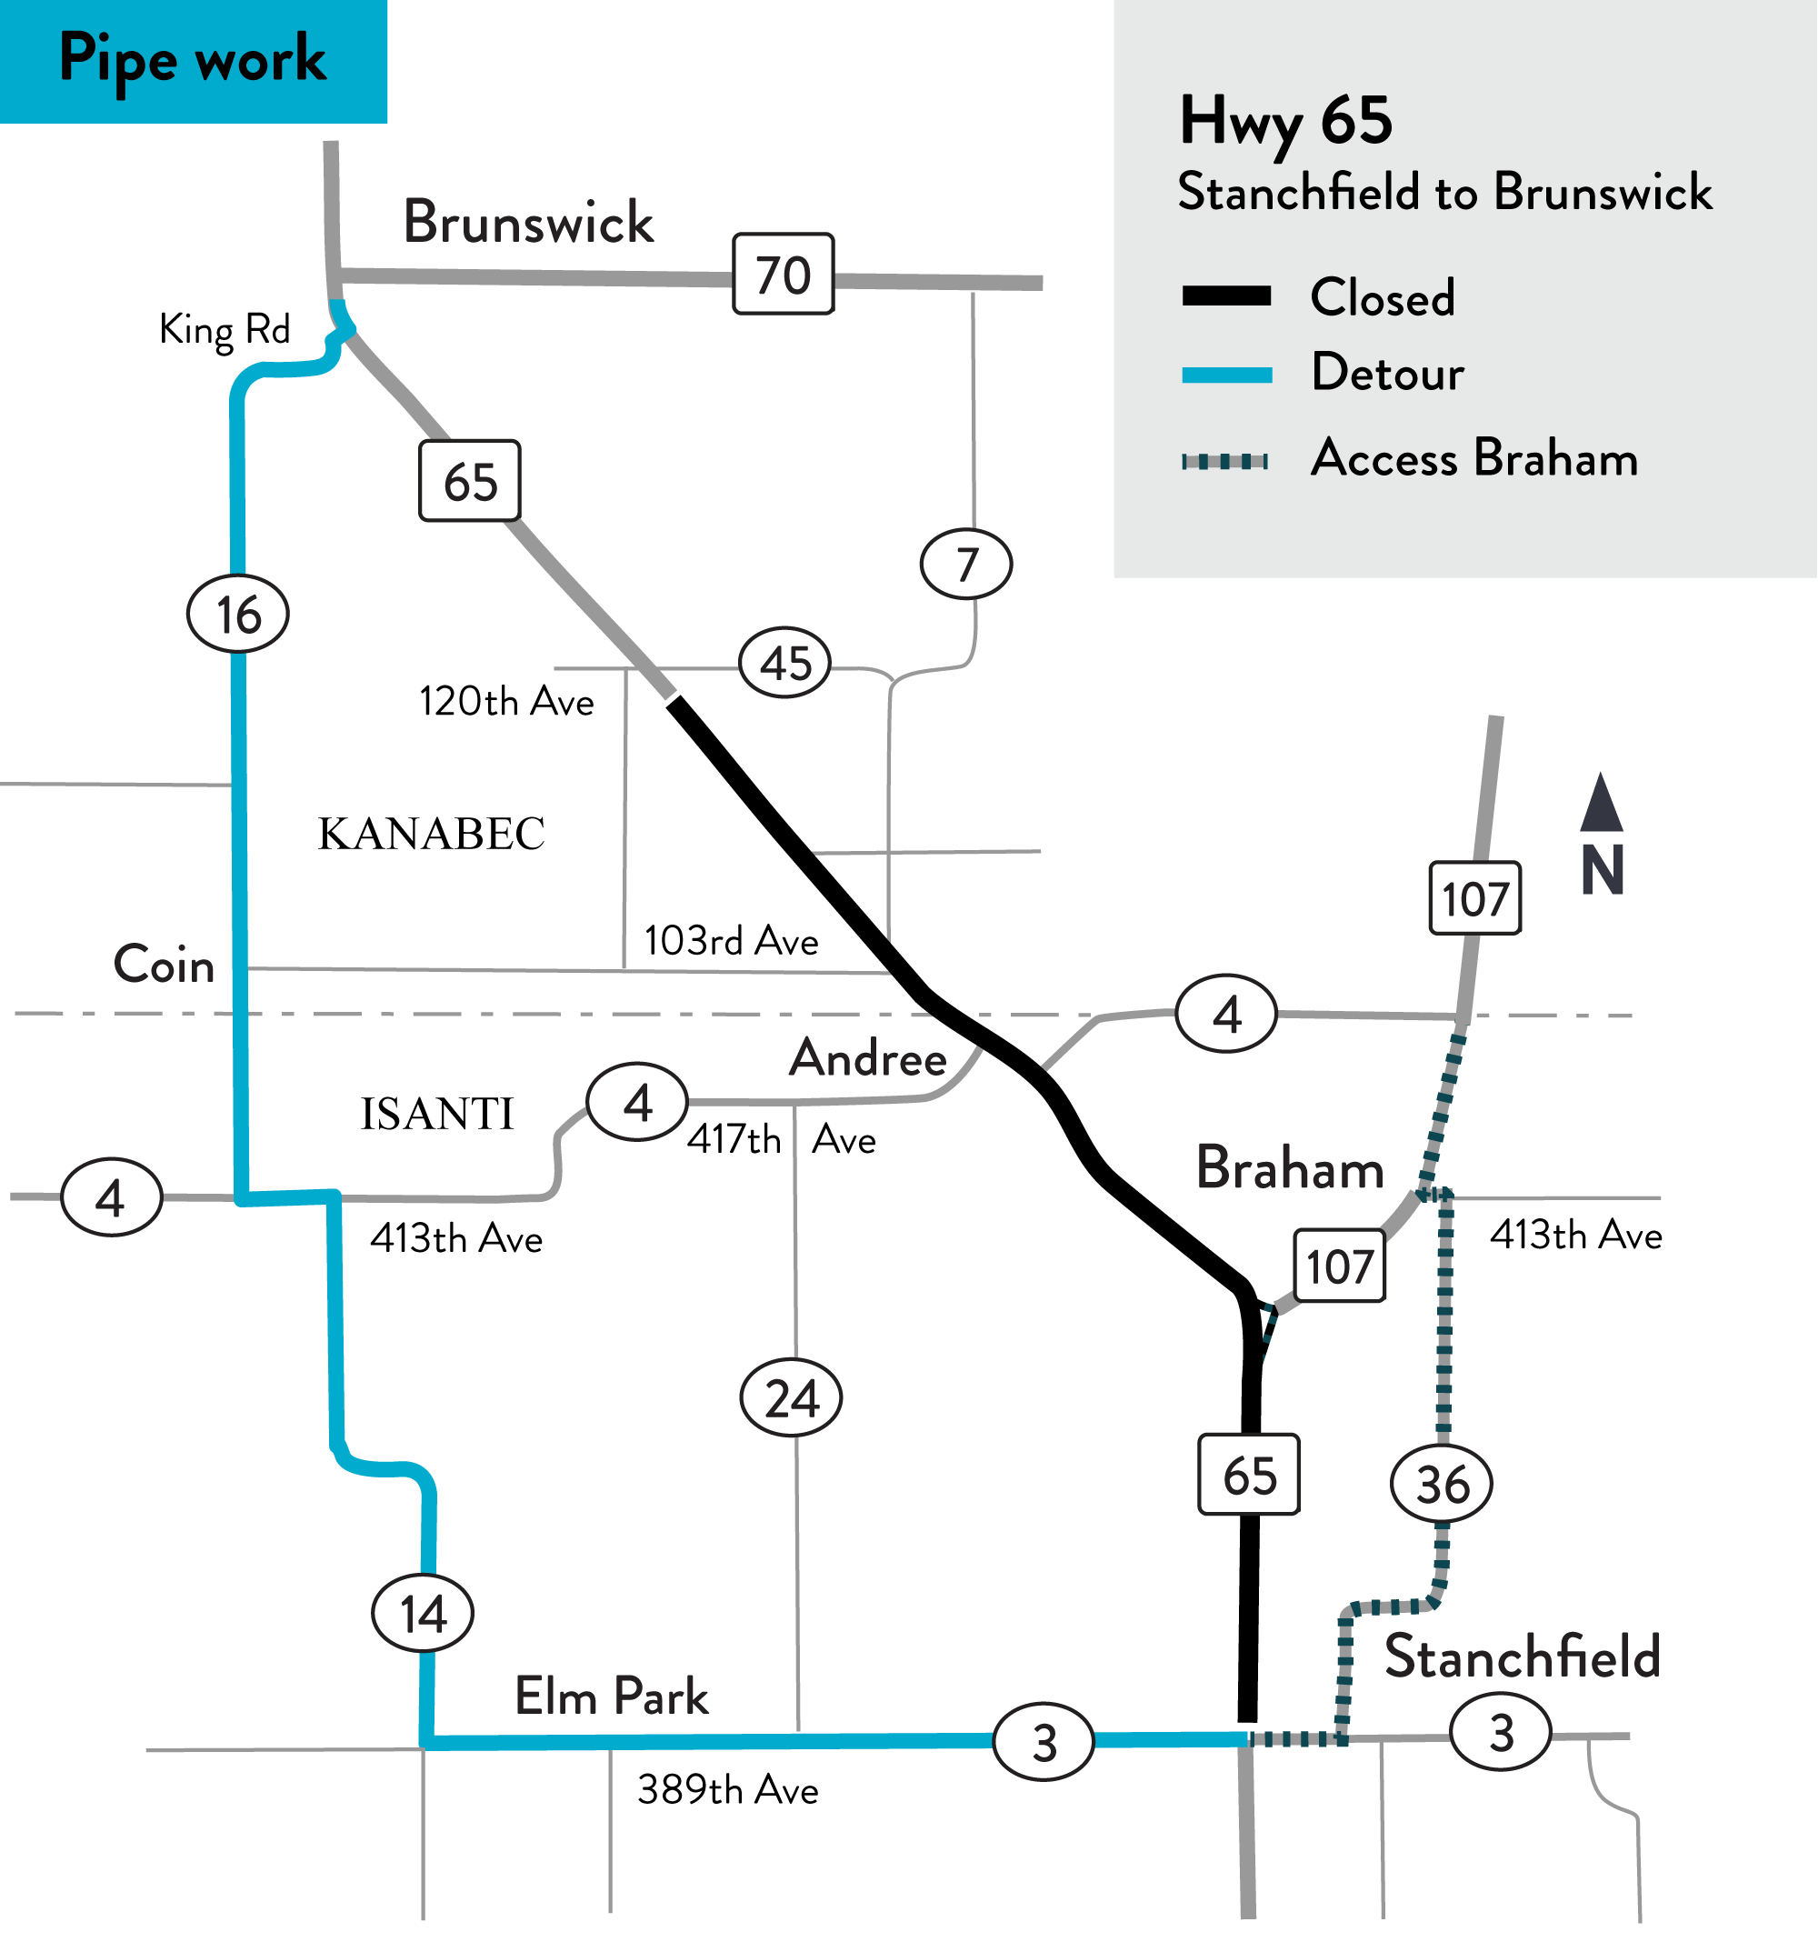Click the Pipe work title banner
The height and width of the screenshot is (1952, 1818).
(194, 61)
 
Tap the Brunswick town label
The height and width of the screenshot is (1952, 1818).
(528, 222)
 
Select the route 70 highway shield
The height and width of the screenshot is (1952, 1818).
(784, 274)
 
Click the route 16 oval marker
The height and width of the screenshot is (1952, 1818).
(237, 615)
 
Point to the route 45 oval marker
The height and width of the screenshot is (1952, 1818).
(784, 663)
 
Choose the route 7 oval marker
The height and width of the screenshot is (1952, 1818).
(966, 564)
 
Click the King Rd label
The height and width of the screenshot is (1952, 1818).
(225, 330)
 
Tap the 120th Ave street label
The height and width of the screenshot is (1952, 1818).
(506, 702)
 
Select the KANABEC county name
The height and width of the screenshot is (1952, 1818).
(431, 835)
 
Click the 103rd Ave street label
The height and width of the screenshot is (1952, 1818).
(732, 941)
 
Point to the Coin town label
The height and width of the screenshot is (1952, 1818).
(164, 965)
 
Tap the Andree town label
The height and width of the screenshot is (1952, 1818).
(869, 1058)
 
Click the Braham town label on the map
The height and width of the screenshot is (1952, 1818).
(1290, 1168)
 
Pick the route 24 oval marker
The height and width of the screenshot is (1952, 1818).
(791, 1398)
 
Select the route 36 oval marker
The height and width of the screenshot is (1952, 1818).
(1441, 1484)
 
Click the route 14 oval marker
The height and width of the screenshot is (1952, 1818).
(423, 1613)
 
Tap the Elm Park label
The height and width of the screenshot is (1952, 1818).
(612, 1697)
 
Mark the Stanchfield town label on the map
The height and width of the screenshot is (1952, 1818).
(1522, 1657)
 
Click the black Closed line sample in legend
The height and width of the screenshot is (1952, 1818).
(1227, 296)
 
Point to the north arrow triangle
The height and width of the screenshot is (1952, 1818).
(1601, 803)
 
